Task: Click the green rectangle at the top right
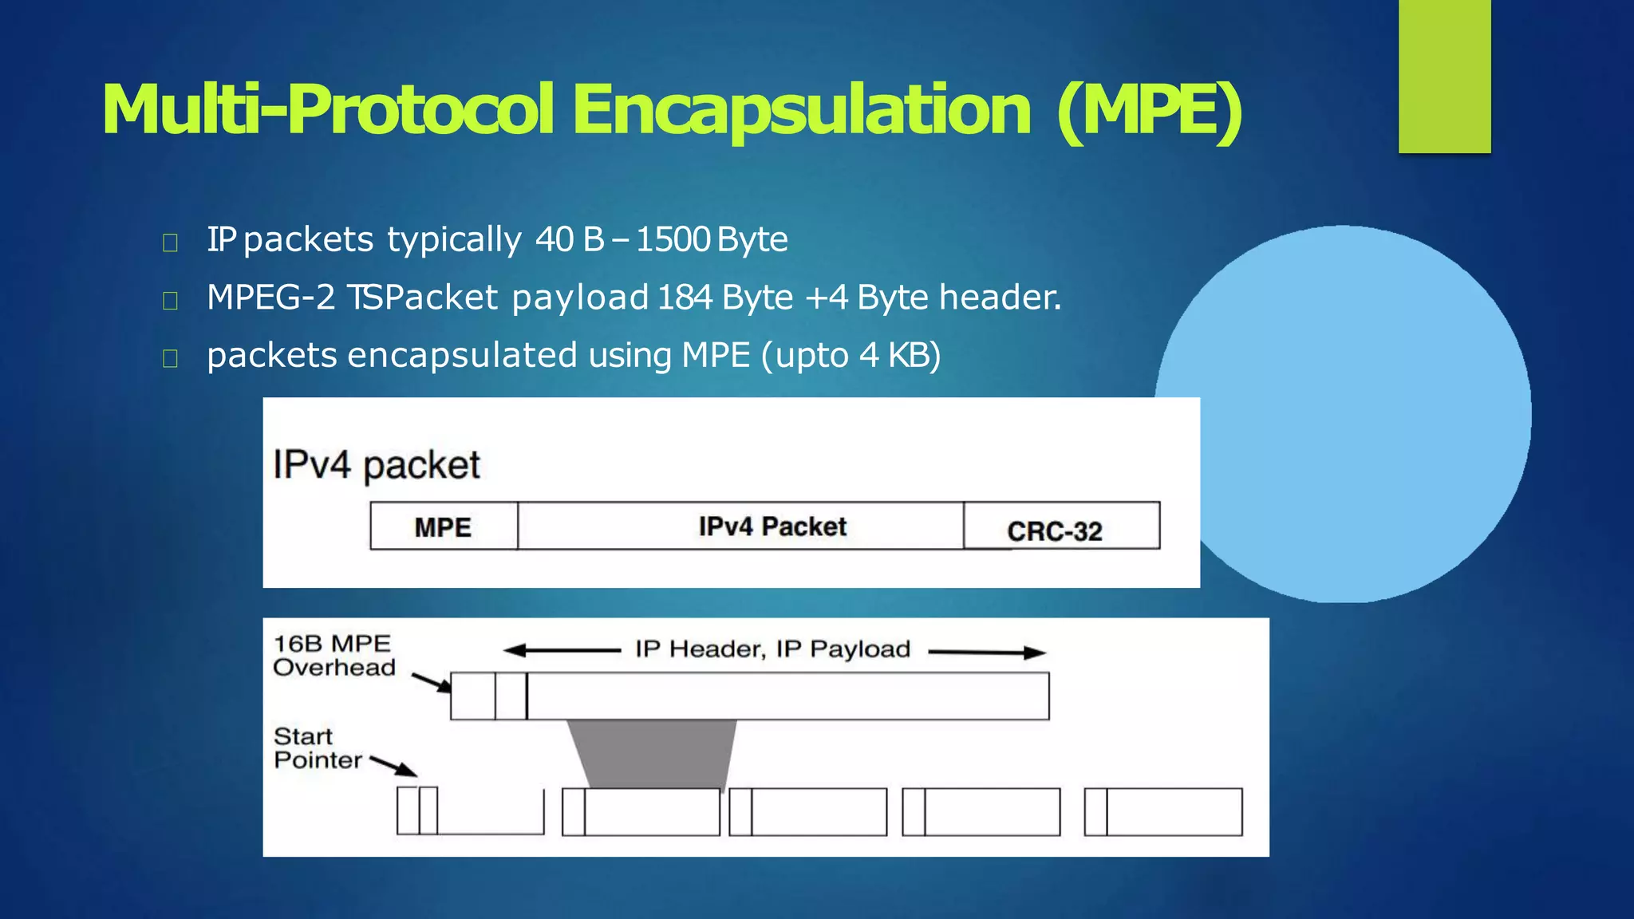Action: point(1444,76)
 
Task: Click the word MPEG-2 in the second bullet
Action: point(270,298)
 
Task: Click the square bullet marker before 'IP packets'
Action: point(170,242)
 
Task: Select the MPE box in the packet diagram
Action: point(444,527)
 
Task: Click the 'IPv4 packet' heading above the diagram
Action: point(377,465)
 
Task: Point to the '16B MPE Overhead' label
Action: point(334,656)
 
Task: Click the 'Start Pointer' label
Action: point(317,748)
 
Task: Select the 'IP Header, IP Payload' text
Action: point(772,649)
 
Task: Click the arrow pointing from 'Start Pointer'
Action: point(393,766)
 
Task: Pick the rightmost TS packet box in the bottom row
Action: point(1163,812)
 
